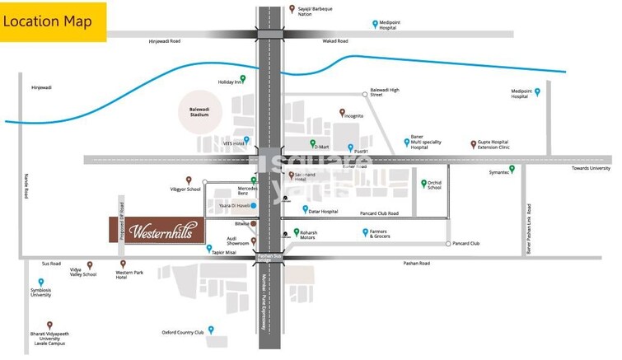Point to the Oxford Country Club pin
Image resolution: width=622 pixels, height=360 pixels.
coord(212,330)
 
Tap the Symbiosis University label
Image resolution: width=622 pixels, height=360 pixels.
coord(41,293)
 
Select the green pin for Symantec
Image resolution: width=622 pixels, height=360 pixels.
coord(512,169)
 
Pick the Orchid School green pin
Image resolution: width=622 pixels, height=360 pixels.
coord(424,183)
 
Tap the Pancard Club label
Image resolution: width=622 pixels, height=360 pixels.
coord(466,244)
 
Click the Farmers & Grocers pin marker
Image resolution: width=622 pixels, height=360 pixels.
coord(365,232)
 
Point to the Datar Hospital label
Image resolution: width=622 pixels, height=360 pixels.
coord(324,212)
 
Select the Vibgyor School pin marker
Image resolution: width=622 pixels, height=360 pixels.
coord(189,180)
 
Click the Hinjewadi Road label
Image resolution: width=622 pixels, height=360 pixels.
coord(165,41)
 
